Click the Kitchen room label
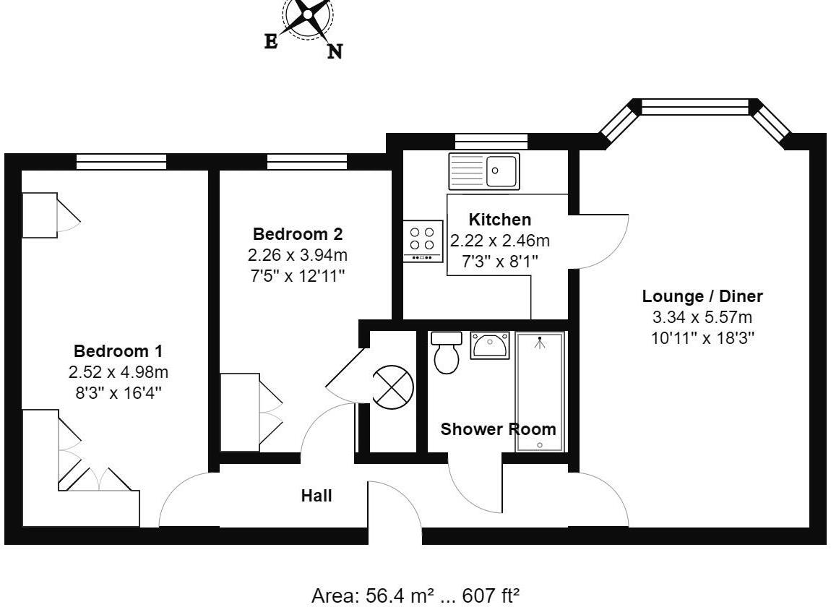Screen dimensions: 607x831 499,220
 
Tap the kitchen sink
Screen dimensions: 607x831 483,171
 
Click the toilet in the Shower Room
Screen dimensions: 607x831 446,352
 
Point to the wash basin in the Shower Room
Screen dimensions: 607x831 491,345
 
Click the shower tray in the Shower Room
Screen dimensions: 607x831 539,392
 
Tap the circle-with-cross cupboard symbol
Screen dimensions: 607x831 392,384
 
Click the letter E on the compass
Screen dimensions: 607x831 271,42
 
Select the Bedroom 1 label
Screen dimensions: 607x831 118,351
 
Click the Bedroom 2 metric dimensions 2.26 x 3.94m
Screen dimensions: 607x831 298,255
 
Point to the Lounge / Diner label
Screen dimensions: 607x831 702,296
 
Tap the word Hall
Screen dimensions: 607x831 317,496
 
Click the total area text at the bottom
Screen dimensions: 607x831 415,596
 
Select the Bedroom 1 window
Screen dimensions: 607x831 121,162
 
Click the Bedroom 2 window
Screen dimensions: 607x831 306,162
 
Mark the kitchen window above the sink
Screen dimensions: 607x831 491,142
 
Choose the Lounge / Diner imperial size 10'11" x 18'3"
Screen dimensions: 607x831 702,337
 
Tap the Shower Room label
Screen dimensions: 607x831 499,429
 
